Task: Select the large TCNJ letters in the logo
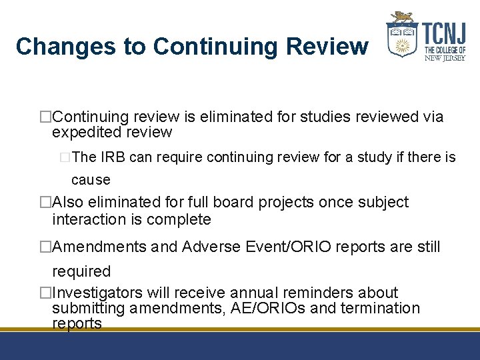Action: coord(443,31)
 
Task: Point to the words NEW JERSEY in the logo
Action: coord(444,57)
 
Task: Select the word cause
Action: coord(91,180)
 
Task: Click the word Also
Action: coord(68,202)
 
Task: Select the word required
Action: coord(81,271)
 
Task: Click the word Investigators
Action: coord(98,293)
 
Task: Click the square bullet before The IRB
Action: coord(65,158)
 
